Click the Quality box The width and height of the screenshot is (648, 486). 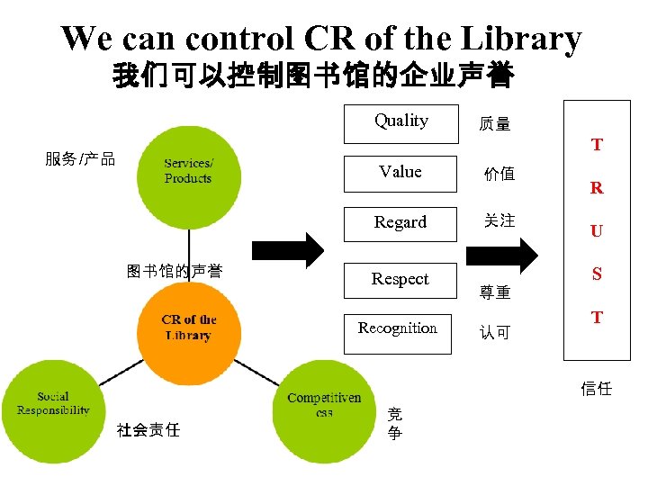click(400, 122)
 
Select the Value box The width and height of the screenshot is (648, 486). click(400, 172)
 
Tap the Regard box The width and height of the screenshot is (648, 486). click(400, 222)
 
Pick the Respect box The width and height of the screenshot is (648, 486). click(400, 279)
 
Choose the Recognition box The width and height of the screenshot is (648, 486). click(398, 331)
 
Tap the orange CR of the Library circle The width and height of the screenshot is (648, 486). click(189, 328)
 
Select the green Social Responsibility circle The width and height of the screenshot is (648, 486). click(53, 410)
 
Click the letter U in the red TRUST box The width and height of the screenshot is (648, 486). click(597, 231)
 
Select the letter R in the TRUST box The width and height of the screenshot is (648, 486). click(597, 189)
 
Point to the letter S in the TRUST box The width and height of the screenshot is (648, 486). click(597, 274)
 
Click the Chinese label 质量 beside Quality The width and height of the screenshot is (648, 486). click(495, 124)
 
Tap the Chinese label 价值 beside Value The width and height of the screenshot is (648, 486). click(499, 174)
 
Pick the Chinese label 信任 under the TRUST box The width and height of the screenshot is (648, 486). click(596, 388)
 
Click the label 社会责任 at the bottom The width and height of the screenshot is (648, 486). click(148, 429)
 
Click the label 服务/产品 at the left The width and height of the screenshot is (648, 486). click(80, 159)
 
